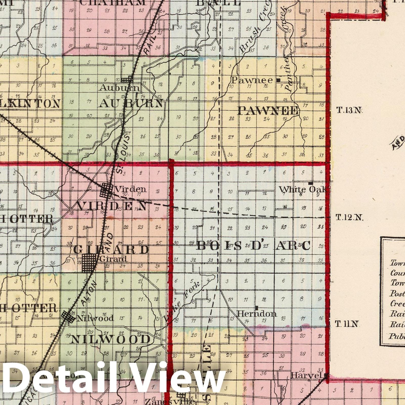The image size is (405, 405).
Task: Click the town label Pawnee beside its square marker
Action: [252, 80]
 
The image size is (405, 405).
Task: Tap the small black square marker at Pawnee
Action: [278, 80]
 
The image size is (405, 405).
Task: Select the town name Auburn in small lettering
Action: [119, 88]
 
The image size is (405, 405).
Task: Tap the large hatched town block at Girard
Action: [89, 263]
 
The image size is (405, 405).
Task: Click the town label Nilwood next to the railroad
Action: [95, 318]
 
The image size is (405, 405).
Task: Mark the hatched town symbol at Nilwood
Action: [68, 316]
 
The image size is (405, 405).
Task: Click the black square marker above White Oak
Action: [311, 183]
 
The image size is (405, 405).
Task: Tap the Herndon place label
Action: [257, 314]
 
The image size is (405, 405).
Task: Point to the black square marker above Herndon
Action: [257, 308]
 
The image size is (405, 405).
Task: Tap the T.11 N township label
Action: [347, 324]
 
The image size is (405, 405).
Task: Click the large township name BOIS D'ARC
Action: [253, 245]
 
